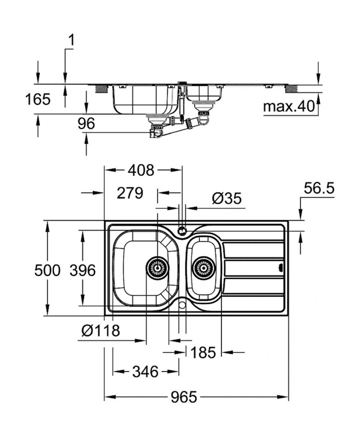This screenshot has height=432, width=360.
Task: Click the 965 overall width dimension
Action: pyautogui.click(x=184, y=397)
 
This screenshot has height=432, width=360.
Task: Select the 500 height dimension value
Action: pyautogui.click(x=47, y=270)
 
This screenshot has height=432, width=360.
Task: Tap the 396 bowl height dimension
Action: pyautogui.click(x=83, y=270)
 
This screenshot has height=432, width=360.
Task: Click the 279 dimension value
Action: pyautogui.click(x=130, y=193)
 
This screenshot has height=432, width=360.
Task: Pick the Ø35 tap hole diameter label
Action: pyautogui.click(x=227, y=198)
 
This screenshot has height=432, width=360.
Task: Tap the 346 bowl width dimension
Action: pyautogui.click(x=145, y=372)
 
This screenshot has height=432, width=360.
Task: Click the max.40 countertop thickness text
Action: pyautogui.click(x=290, y=107)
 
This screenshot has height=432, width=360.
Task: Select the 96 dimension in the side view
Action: pyautogui.click(x=86, y=124)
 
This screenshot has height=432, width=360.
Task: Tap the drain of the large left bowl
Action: pyautogui.click(x=157, y=267)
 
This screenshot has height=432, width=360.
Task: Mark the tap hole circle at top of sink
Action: pyautogui.click(x=182, y=231)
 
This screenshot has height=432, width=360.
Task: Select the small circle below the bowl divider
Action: pyautogui.click(x=182, y=304)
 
